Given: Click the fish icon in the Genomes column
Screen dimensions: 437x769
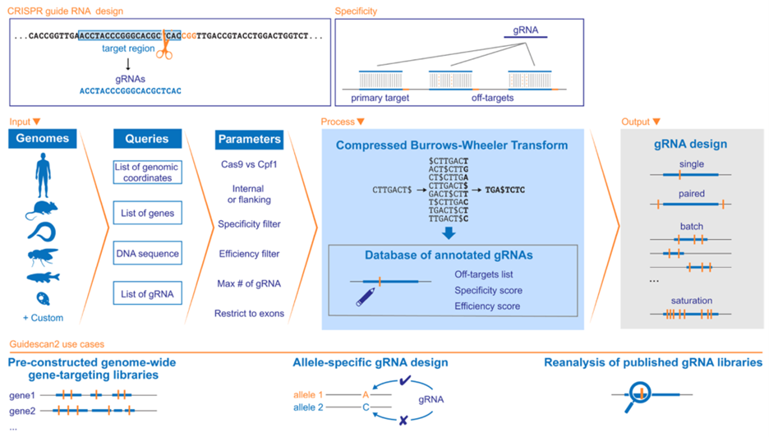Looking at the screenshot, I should [x=43, y=277].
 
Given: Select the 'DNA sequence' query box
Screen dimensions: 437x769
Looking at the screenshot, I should [x=147, y=254].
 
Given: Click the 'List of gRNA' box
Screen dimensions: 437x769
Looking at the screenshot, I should [x=147, y=293].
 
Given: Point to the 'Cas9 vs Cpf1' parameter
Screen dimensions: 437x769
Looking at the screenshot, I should [x=248, y=165].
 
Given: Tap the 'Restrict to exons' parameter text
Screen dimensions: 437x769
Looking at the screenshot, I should [x=248, y=313].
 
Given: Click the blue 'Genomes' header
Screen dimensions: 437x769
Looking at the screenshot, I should [x=43, y=139].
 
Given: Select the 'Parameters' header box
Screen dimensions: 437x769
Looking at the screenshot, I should [x=250, y=139].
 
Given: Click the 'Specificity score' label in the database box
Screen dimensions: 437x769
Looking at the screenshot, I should [x=488, y=290].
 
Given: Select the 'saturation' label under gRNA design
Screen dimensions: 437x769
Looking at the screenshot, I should [x=691, y=301].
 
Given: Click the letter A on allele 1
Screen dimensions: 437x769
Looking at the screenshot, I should [x=366, y=394].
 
